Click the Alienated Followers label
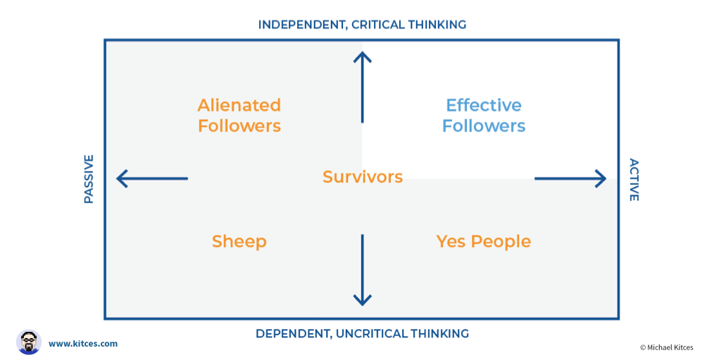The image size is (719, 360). click(239, 116)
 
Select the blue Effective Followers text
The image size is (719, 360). click(484, 116)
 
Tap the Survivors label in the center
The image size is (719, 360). click(363, 177)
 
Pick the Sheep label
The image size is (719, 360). click(239, 242)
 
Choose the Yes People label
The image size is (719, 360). click(484, 242)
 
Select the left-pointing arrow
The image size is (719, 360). click(152, 178)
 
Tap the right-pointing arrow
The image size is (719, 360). click(570, 178)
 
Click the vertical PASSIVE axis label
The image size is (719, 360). click(89, 180)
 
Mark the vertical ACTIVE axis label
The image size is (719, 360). click(634, 180)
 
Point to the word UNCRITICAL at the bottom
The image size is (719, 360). click(371, 334)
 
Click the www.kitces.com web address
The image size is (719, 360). click(83, 344)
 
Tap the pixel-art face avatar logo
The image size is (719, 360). click(29, 342)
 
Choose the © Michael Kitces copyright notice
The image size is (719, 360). click(666, 347)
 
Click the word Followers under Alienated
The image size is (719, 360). click(239, 126)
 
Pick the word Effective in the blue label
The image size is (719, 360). click(484, 105)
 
